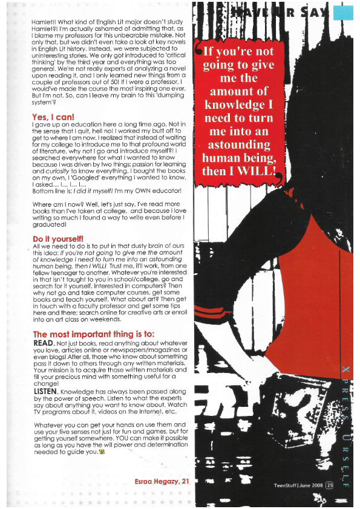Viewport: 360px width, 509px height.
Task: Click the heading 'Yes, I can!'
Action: pyautogui.click(x=53, y=117)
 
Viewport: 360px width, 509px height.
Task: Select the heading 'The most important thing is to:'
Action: pyautogui.click(x=85, y=334)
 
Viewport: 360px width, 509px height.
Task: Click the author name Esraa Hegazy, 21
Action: pyautogui.click(x=162, y=481)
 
